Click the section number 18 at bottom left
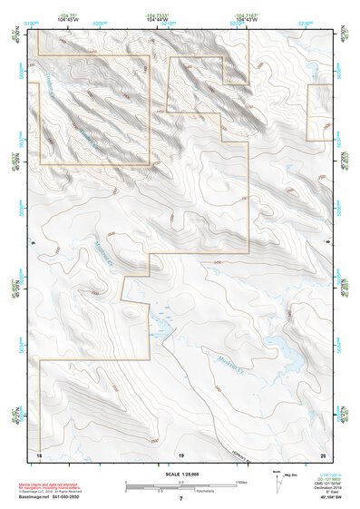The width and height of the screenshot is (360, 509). coord(38,454)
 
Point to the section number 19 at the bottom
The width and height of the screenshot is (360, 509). coord(180,454)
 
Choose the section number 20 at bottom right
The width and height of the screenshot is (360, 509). coord(322,454)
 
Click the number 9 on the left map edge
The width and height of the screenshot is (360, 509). coord(32,242)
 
